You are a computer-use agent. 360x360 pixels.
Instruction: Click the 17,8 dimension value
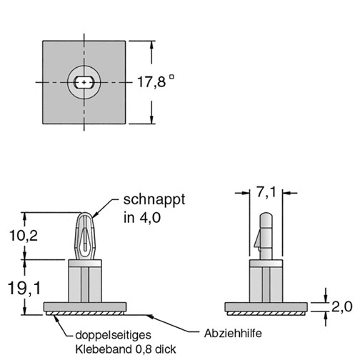pyautogui.click(x=151, y=82)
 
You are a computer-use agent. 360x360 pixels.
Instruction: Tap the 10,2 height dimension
pyautogui.click(x=24, y=236)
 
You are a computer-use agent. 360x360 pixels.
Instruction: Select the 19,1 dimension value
pyautogui.click(x=24, y=288)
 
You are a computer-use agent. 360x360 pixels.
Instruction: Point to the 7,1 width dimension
pyautogui.click(x=266, y=192)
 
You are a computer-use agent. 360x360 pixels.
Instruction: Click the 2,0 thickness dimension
pyautogui.click(x=342, y=306)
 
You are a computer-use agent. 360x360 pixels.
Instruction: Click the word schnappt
pyautogui.click(x=154, y=199)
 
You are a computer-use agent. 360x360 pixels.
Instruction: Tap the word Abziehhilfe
pyautogui.click(x=233, y=334)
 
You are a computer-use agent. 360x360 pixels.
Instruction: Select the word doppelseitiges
pyautogui.click(x=114, y=336)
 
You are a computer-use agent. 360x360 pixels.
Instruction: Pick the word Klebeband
pyautogui.click(x=104, y=349)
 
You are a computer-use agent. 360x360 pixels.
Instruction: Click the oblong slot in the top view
pyautogui.click(x=84, y=82)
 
